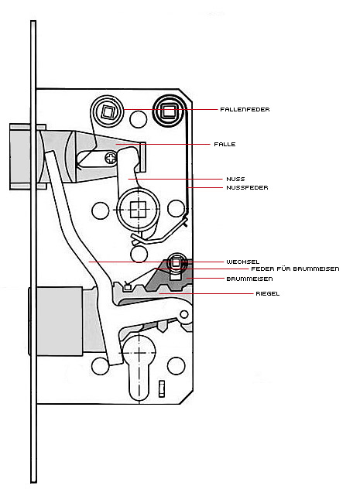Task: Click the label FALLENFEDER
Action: [245, 109]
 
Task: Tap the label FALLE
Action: [225, 145]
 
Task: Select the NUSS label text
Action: [235, 179]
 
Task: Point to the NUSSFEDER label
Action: [247, 188]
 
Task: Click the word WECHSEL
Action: [243, 262]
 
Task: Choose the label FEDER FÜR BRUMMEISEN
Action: [295, 269]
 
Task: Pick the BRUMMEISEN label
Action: [249, 279]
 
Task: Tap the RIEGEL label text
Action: [268, 293]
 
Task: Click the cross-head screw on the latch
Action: [111, 158]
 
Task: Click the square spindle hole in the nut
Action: [139, 210]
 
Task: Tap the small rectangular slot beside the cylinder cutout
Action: [162, 388]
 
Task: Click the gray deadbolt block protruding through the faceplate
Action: [56, 321]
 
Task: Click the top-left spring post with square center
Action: [108, 111]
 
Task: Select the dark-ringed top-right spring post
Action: [169, 111]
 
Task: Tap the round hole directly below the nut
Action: [139, 254]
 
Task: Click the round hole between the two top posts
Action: [139, 119]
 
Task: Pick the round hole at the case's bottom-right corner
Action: [177, 365]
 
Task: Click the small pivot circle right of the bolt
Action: [184, 314]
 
